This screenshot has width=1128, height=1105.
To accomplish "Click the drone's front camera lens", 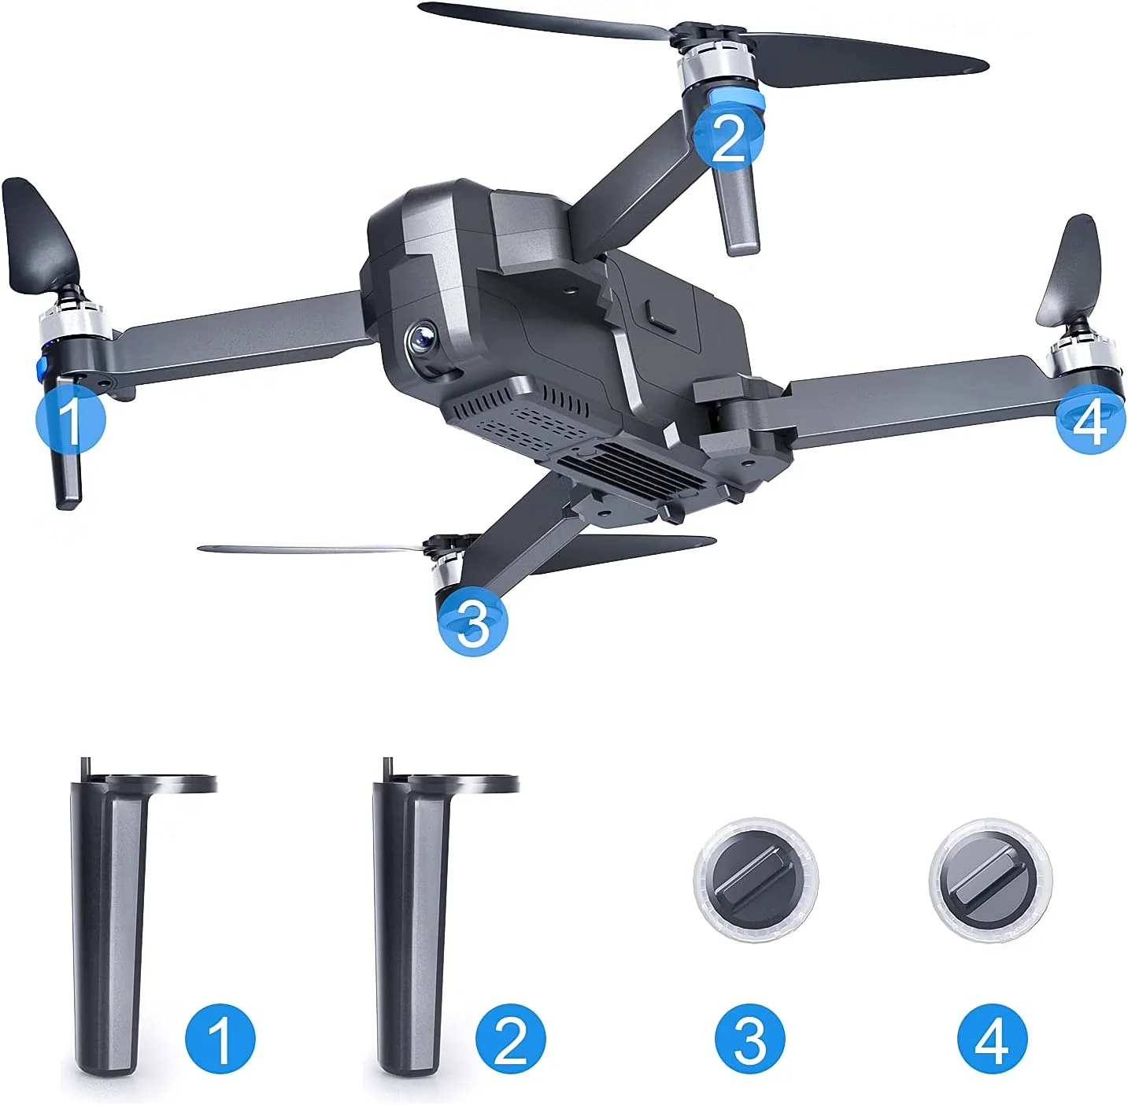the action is [423, 339].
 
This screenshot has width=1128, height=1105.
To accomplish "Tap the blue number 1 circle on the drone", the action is [71, 419].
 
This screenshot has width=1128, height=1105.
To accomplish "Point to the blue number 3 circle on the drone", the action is [473, 621].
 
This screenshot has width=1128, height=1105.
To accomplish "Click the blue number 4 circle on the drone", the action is [1090, 418].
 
